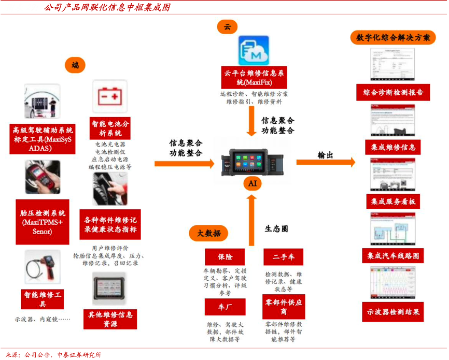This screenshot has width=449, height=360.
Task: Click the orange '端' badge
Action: click(x=76, y=65)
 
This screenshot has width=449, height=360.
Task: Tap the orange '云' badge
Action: click(x=227, y=27)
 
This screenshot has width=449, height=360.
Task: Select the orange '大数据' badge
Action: click(x=208, y=233)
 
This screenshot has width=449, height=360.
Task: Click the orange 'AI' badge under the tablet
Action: click(x=252, y=183)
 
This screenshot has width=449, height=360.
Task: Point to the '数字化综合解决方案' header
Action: click(x=394, y=38)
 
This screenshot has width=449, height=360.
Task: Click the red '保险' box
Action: click(x=224, y=257)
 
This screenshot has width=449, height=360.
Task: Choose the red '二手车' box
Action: click(x=284, y=257)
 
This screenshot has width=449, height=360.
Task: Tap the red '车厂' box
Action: click(x=224, y=307)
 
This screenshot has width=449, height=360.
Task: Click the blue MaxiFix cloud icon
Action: click(x=253, y=50)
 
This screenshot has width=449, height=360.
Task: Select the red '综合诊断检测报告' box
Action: click(x=393, y=93)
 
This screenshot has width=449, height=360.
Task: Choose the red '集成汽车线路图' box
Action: click(x=393, y=256)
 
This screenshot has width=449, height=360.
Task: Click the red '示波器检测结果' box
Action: click(x=393, y=312)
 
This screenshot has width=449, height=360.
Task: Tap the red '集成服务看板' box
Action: click(x=393, y=201)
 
